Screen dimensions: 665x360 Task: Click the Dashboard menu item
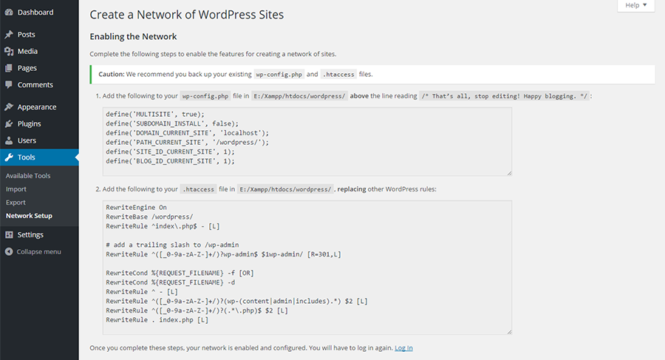tap(35, 13)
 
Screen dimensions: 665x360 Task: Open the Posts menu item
tap(26, 35)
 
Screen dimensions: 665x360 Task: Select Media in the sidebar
tap(27, 51)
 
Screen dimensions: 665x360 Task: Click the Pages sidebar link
tap(27, 68)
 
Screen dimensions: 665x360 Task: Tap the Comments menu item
tap(35, 85)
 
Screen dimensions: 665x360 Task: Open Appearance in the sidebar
tap(36, 107)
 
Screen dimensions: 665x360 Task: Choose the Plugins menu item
tap(29, 124)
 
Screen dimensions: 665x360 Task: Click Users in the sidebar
tap(27, 140)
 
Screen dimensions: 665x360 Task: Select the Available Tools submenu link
tap(28, 176)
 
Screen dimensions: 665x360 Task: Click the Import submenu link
tap(16, 189)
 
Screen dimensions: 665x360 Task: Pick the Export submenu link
tap(16, 203)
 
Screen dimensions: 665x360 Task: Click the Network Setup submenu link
tap(29, 216)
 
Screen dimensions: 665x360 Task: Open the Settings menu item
tap(30, 235)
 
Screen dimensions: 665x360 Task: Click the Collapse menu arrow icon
tap(9, 252)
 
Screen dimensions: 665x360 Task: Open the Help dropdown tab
tap(635, 5)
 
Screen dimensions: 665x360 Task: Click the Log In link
tap(403, 348)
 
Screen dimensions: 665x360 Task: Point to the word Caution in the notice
tap(111, 75)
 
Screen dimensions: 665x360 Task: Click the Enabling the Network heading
tap(133, 36)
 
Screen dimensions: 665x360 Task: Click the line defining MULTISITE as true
tap(155, 114)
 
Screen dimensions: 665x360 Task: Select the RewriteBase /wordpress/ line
tap(149, 217)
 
